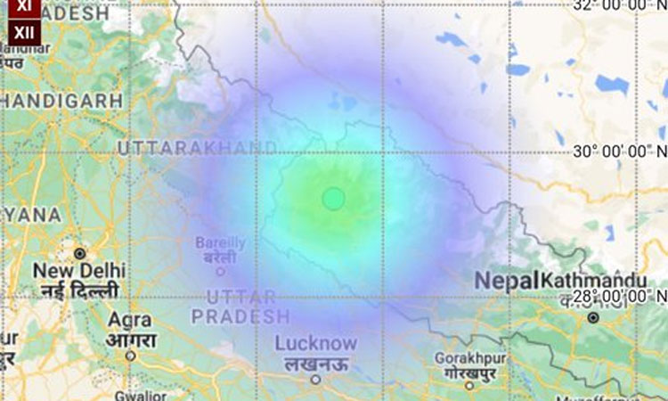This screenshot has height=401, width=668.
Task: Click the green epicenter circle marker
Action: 333,199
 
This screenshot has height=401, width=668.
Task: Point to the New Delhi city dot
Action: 79,253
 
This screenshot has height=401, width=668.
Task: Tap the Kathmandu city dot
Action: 592,317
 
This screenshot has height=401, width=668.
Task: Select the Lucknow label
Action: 315,343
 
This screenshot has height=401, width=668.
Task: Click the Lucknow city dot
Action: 314,380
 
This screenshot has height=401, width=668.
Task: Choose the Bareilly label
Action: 220,242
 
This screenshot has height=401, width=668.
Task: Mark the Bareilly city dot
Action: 220,271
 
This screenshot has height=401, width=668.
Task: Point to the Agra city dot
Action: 130,355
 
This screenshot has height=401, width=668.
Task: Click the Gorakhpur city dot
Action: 469,385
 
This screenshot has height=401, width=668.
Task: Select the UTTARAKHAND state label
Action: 197,146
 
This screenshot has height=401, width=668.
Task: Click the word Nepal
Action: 506,281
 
